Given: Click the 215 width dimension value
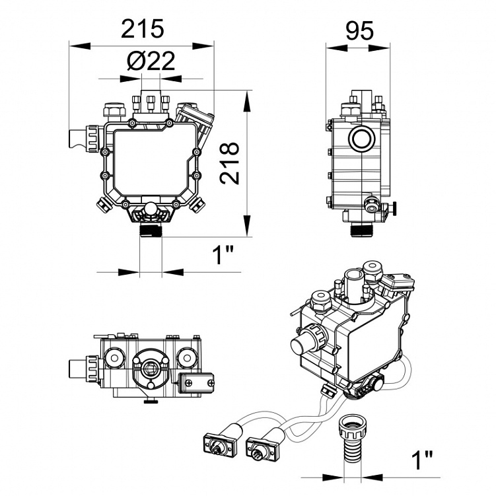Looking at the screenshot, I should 142,28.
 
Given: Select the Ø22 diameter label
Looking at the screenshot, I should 151,61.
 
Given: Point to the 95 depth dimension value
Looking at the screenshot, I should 359,30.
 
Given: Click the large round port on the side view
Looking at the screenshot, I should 361,139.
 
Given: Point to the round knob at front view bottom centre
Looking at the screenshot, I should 151,210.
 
